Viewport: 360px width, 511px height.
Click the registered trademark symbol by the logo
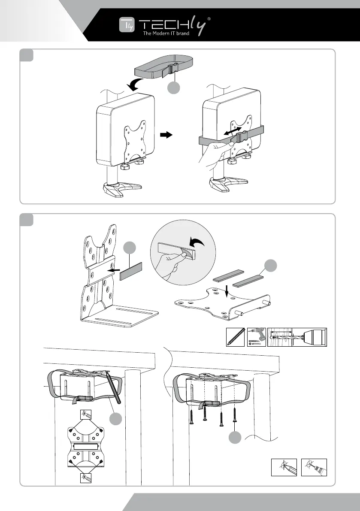209,19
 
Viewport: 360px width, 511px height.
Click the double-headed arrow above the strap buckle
234,128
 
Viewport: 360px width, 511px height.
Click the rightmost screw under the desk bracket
235,416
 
